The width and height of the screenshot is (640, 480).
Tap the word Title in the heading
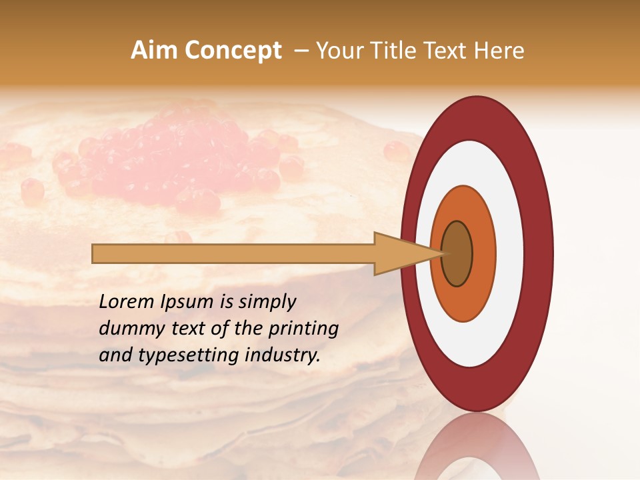point(396,51)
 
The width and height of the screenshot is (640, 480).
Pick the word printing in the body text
point(303,329)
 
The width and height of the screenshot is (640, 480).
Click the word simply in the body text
point(267,303)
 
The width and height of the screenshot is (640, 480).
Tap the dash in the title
point(301,51)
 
